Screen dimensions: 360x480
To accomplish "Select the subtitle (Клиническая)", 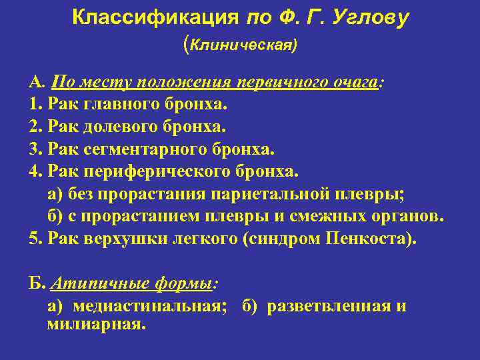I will tap(240, 45).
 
